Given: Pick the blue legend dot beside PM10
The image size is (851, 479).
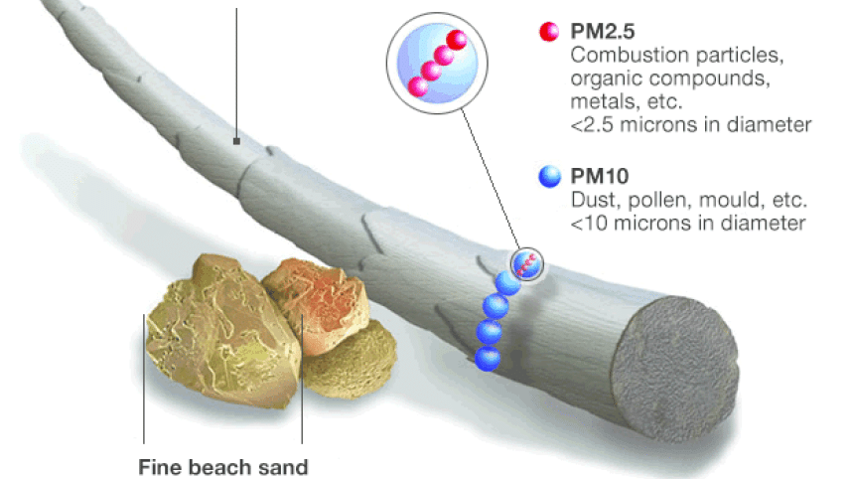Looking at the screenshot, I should point(545,178).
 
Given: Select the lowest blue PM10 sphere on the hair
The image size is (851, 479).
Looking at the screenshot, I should point(487,358).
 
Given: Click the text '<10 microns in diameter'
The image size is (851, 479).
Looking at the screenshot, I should point(687,223).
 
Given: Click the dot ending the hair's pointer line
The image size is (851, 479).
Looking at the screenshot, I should point(236,142).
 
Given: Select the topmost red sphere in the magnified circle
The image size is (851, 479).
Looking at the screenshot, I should point(458,41).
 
